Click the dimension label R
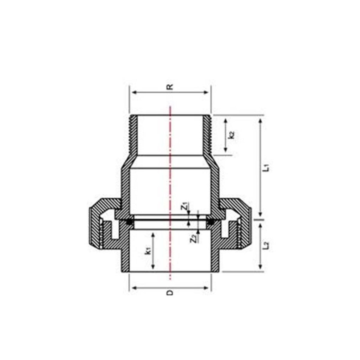point(170,87)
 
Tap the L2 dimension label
point(268,245)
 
